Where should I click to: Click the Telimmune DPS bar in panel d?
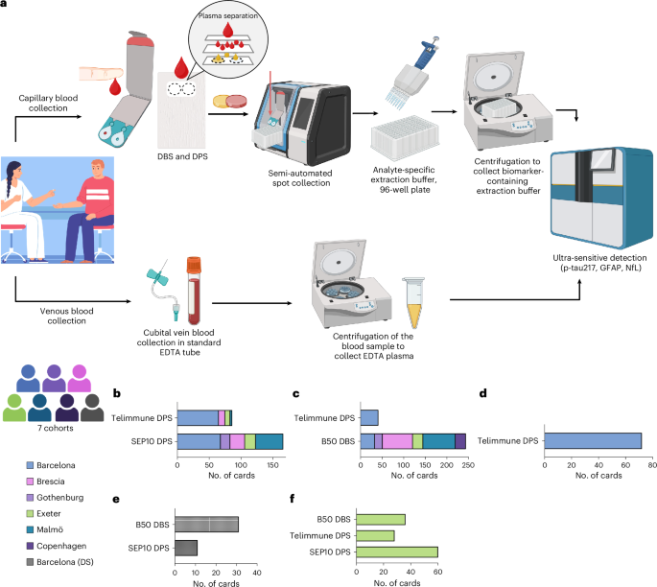592,440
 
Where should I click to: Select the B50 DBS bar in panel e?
205,525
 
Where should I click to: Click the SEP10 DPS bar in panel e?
185,548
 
